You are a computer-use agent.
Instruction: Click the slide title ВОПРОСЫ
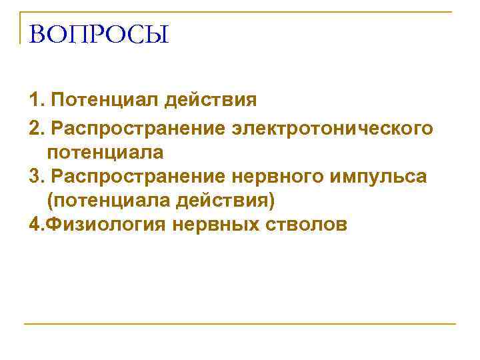[99, 33]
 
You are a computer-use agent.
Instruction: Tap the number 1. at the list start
[37, 101]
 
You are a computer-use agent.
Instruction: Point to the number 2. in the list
[37, 127]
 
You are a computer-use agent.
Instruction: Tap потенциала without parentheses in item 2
[105, 152]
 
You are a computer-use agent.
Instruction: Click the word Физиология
[107, 225]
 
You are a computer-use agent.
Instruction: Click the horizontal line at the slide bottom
[240, 324]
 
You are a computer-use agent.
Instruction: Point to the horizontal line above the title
[240, 13]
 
